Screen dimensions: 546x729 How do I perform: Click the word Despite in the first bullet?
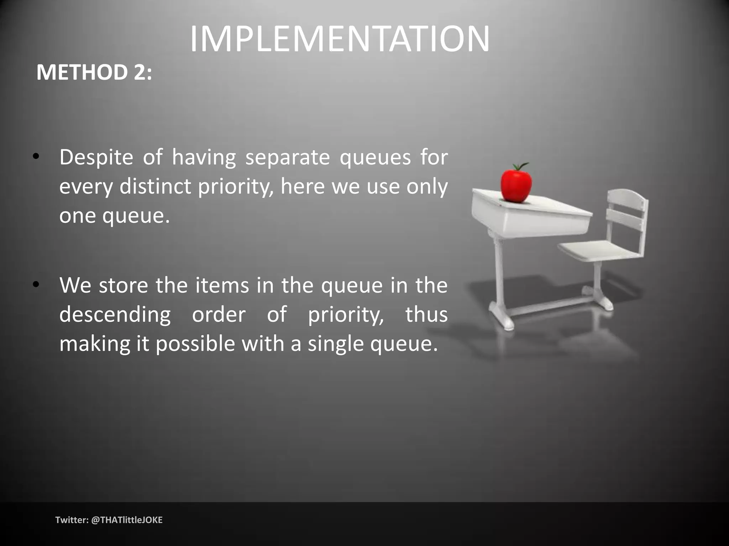point(96,157)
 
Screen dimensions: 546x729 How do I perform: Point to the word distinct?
point(155,186)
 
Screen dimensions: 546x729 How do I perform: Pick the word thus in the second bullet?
point(426,314)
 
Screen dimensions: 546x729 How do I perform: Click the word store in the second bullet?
point(123,285)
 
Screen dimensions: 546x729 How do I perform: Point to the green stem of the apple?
point(521,166)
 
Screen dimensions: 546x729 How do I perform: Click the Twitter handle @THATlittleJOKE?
point(127,520)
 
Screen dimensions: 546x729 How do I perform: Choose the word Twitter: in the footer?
point(72,520)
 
